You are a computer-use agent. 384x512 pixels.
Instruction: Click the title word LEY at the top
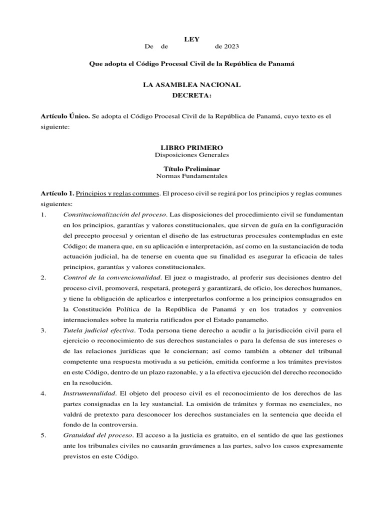(x=192, y=39)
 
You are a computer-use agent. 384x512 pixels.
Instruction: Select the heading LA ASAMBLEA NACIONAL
(x=192, y=85)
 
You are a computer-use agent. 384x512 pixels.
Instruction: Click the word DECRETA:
(x=192, y=95)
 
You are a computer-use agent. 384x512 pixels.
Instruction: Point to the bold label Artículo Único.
(x=65, y=116)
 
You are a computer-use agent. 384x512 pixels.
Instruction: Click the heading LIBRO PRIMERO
(x=191, y=147)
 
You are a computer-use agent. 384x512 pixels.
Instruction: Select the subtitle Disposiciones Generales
(x=192, y=155)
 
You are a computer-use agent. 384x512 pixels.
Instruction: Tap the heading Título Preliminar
(x=192, y=168)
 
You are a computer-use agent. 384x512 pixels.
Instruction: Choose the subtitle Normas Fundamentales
(x=192, y=176)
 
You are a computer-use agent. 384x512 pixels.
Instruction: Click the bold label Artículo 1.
(x=57, y=193)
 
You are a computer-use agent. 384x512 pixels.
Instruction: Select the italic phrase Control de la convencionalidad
(x=112, y=277)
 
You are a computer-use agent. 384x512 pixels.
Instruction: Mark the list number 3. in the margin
(x=43, y=330)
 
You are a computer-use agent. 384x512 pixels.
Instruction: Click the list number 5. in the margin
(x=43, y=435)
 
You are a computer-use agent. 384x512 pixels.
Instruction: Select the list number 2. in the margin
(x=43, y=277)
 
